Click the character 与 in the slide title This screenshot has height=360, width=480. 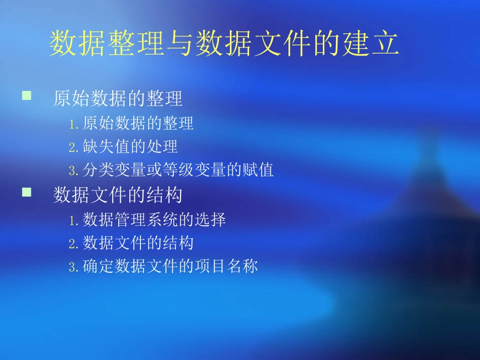[x=179, y=44]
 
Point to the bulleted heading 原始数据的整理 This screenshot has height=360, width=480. [x=118, y=99]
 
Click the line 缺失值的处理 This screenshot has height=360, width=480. [x=130, y=146]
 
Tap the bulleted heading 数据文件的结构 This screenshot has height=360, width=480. [x=118, y=196]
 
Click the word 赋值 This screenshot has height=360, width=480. [x=258, y=170]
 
